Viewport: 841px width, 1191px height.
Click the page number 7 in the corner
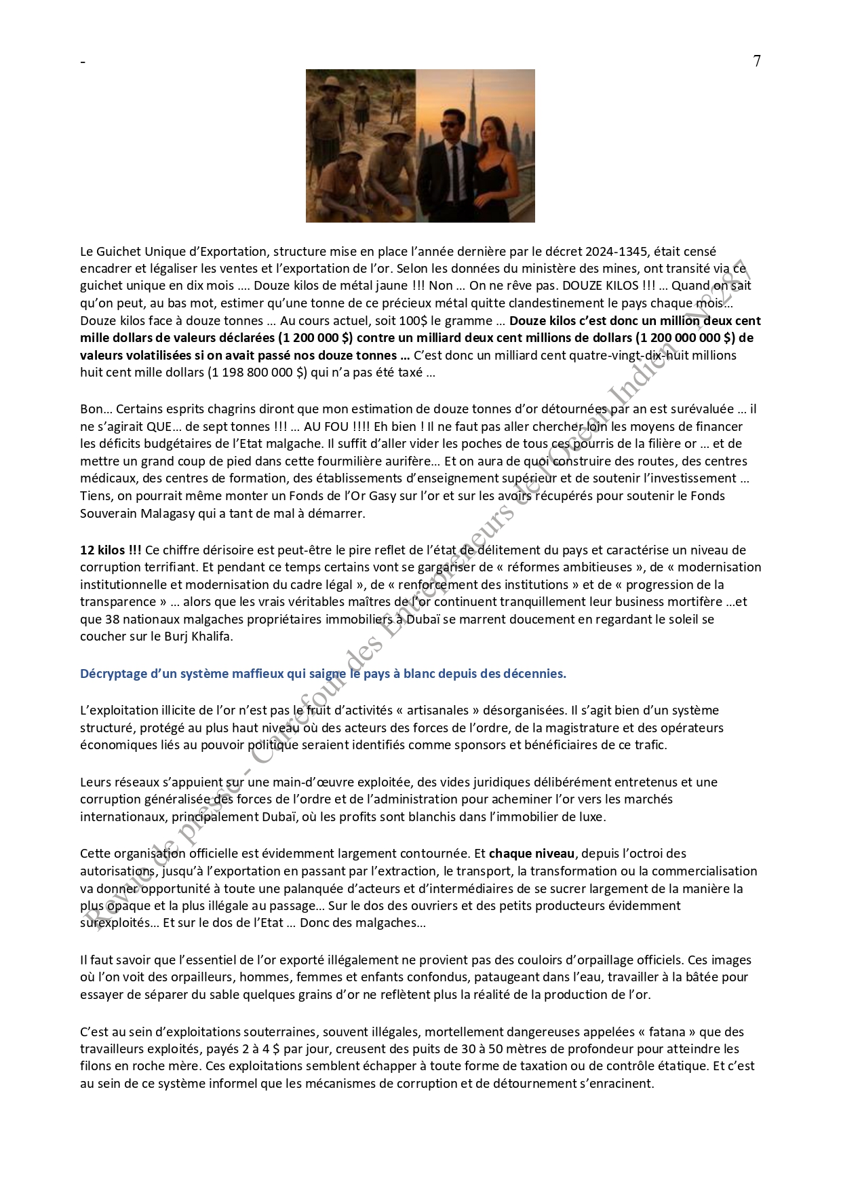tap(757, 61)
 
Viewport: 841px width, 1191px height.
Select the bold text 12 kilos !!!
tap(111, 550)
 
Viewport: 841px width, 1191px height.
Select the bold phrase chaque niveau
tap(531, 854)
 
